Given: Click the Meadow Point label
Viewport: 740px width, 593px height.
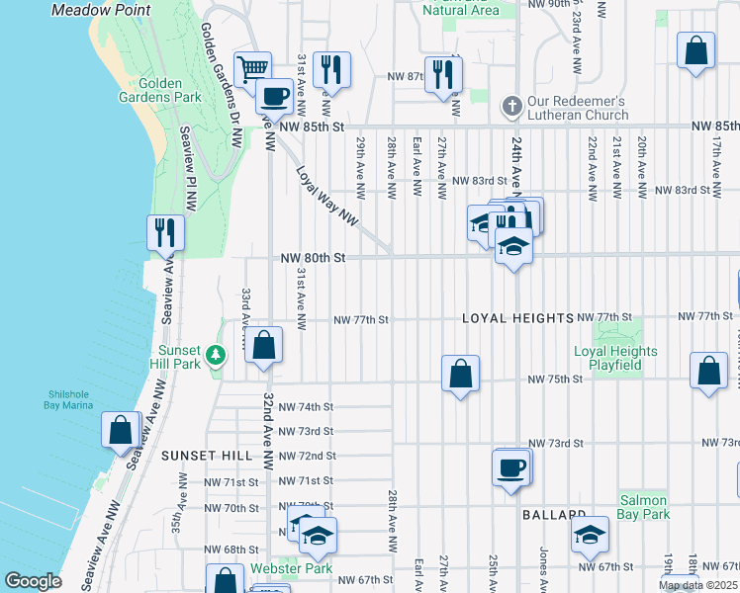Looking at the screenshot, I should coord(101,10).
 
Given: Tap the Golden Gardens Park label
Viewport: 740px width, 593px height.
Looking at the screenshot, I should coord(170,90).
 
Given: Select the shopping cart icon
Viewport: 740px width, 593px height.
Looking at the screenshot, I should coord(253,68).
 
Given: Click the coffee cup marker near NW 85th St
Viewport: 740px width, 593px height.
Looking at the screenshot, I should coord(274,96).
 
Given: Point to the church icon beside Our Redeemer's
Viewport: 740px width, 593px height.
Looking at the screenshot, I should coord(511,103).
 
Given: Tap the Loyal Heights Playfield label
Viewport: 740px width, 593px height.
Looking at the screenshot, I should coord(615,358).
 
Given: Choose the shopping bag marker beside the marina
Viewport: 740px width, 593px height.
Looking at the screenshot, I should coord(120,430).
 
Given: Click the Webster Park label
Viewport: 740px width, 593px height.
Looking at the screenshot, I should coord(282,568).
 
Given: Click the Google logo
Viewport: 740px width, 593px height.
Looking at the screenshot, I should coord(33,581).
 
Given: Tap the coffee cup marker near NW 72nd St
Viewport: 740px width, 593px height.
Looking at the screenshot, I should coord(510,466).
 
